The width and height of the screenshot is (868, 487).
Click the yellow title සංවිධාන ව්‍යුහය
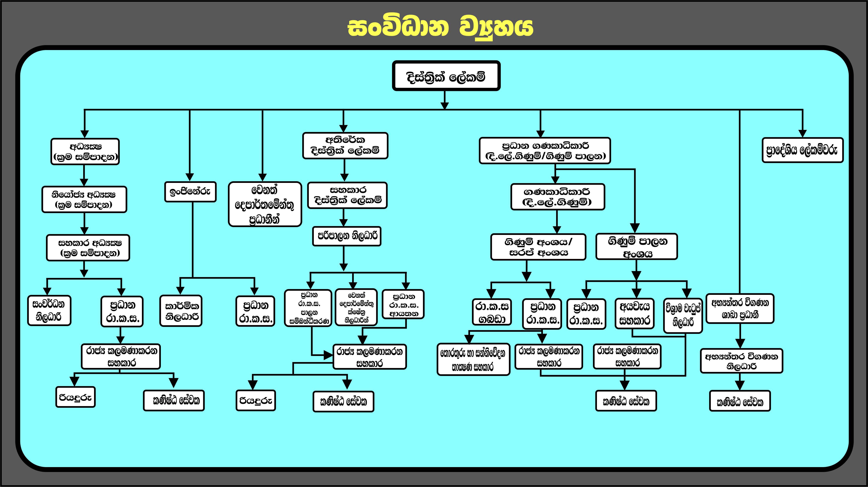(440, 28)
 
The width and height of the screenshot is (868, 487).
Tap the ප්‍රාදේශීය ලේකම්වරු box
(802, 150)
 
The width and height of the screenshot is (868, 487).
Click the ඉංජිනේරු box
(190, 192)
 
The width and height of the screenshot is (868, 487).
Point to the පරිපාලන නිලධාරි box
(347, 236)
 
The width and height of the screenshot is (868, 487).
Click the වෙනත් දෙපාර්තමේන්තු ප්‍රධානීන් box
(265, 204)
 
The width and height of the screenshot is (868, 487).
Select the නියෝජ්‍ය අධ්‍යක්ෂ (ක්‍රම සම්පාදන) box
(84, 199)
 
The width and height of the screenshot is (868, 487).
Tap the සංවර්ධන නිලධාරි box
(49, 311)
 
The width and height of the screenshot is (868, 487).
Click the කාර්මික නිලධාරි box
(181, 311)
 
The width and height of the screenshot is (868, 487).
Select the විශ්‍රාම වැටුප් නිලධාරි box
(683, 315)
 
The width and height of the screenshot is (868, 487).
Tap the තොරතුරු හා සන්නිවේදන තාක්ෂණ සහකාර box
(473, 359)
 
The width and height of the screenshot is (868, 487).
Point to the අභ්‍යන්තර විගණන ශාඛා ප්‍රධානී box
(740, 308)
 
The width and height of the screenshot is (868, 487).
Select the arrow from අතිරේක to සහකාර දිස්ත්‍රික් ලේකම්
(344, 170)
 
